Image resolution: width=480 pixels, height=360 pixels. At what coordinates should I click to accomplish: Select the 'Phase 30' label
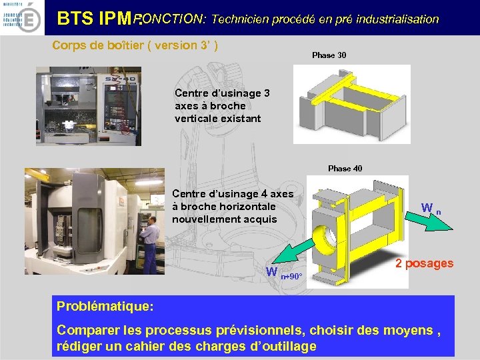point(329,55)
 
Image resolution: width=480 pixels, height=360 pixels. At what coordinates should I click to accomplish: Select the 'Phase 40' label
point(345,169)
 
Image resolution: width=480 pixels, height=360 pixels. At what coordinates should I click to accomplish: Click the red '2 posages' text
point(424,263)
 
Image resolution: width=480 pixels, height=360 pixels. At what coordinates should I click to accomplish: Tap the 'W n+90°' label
point(284,273)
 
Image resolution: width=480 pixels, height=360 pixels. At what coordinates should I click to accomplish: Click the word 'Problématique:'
point(105,307)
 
